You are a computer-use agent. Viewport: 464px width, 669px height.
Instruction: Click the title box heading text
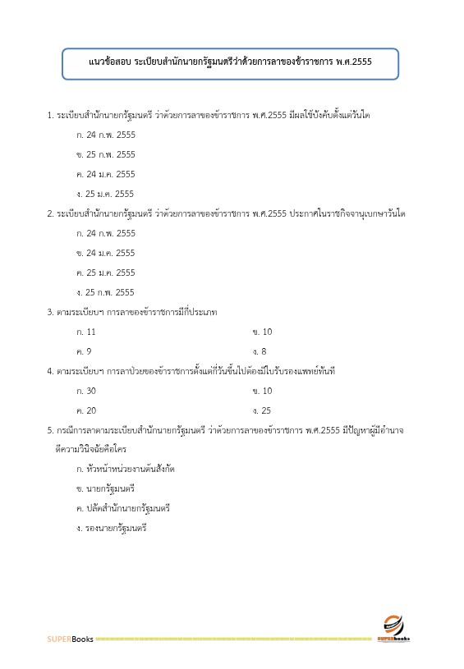[x=230, y=62]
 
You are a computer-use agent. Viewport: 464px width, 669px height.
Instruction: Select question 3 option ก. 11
[x=86, y=332]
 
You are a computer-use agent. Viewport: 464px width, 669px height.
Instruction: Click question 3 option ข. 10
[x=263, y=332]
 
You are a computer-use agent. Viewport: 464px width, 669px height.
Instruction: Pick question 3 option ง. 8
[x=260, y=351]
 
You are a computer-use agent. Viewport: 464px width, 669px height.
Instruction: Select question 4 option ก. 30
[x=86, y=391]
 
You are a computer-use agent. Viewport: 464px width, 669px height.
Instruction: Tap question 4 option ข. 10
[x=263, y=391]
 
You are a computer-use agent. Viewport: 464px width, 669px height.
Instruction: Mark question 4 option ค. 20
[x=86, y=410]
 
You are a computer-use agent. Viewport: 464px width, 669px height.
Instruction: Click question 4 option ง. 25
[x=263, y=410]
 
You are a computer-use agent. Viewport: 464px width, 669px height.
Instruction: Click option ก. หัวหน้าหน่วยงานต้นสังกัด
[x=125, y=470]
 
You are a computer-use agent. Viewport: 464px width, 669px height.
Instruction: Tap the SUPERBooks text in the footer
[x=70, y=638]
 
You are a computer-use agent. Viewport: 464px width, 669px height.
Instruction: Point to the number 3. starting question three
[x=50, y=312]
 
